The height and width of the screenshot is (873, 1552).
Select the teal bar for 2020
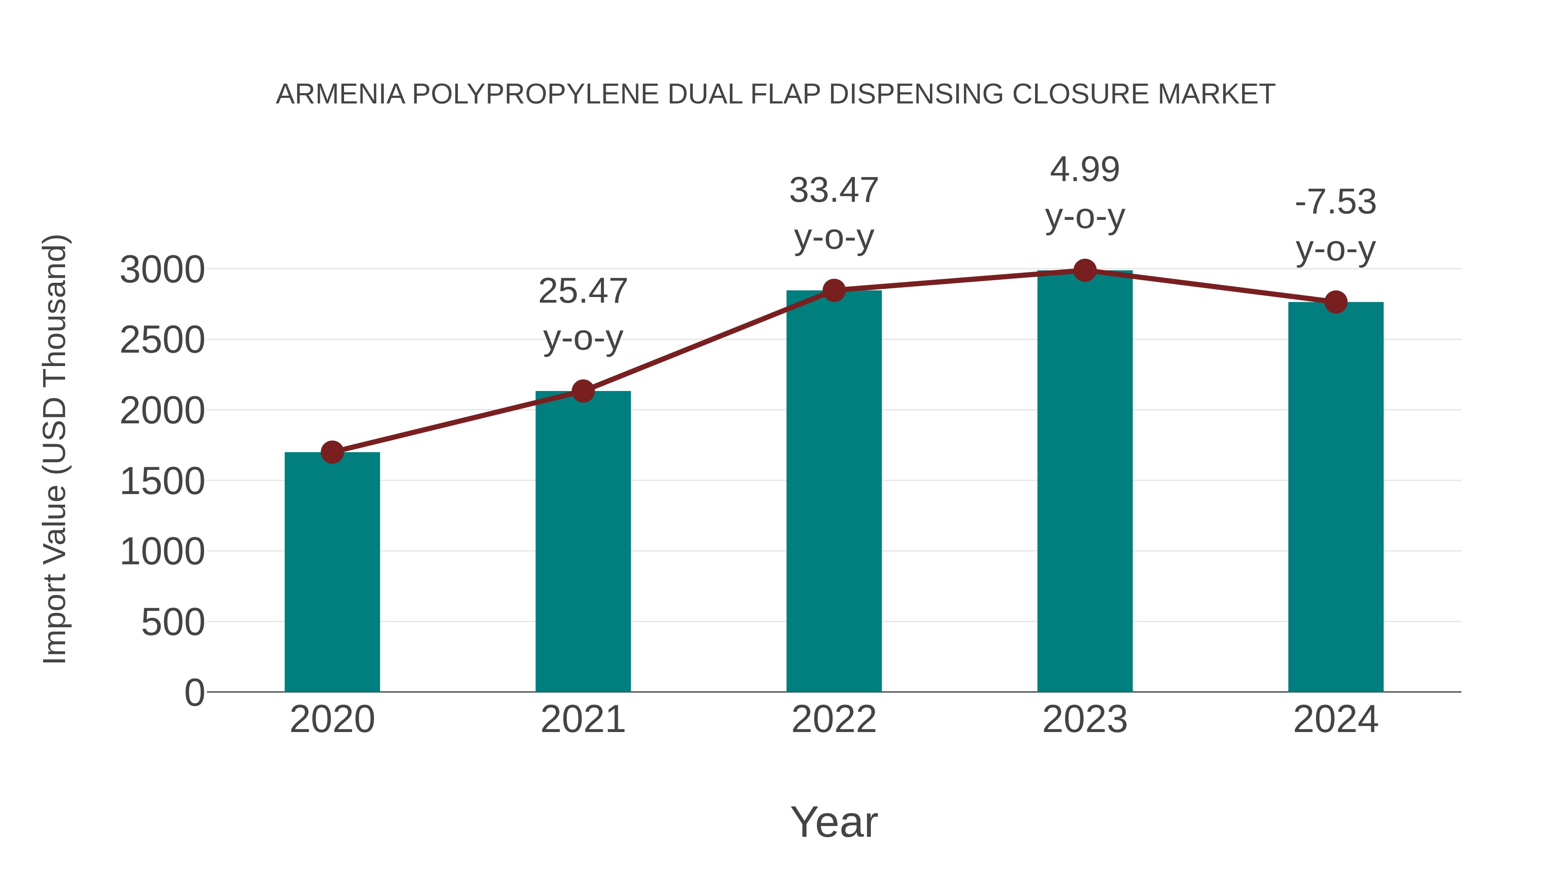click(332, 573)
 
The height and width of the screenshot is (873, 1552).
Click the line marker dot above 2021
click(583, 391)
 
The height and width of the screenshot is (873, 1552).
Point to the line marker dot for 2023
click(1085, 270)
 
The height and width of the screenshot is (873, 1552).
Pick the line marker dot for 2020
click(332, 452)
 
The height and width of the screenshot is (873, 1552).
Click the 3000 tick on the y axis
click(162, 270)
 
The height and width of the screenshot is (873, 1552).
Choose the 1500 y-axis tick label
click(162, 482)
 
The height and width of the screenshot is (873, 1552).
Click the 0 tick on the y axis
click(194, 693)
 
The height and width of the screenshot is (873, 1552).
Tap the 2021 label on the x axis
click(583, 720)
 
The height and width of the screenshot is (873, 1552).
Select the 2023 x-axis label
click(1085, 720)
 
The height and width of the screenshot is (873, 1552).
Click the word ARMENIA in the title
click(341, 94)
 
